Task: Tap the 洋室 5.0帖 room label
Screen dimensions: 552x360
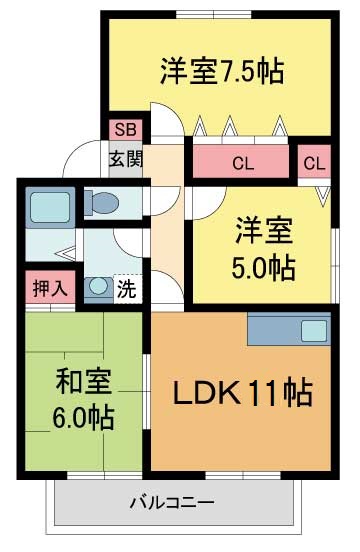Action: [264, 247]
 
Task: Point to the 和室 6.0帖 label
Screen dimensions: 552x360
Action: [83, 398]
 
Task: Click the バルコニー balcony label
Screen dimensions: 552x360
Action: [171, 501]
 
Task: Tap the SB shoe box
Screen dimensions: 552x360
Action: [124, 130]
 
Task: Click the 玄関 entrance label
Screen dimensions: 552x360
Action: [125, 158]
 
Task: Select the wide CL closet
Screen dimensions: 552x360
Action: [242, 162]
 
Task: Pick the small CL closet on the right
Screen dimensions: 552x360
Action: [313, 162]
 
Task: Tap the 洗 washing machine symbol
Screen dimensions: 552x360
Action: [127, 289]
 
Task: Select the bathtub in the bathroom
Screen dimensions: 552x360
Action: [45, 206]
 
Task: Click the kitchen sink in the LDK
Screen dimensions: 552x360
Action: [313, 329]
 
